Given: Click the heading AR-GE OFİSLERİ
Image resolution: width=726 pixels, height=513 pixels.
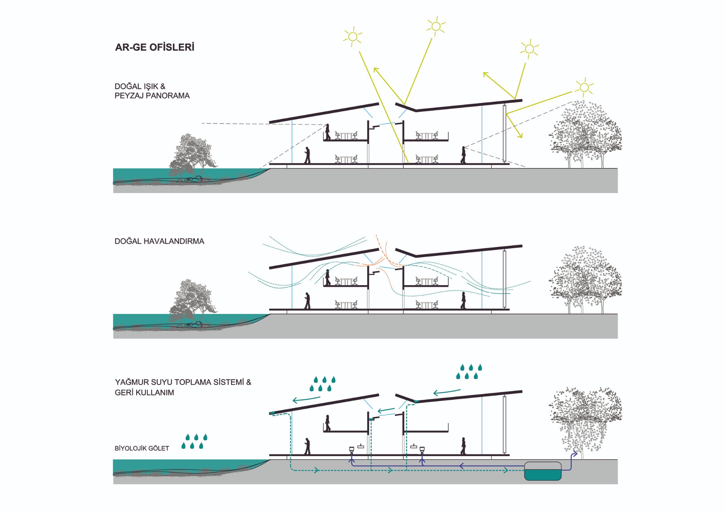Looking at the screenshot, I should (155, 48).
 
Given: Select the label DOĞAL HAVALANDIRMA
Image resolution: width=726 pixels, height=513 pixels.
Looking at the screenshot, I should (159, 242).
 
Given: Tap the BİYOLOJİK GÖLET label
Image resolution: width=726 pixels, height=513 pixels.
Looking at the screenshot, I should (142, 448).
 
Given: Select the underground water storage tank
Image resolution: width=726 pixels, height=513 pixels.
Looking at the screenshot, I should (543, 471).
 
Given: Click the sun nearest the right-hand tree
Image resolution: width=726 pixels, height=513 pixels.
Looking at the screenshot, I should (584, 87).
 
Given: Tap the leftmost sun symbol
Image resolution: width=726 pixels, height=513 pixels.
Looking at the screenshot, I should (352, 37).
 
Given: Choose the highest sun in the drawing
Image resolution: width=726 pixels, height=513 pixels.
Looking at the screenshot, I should (436, 26).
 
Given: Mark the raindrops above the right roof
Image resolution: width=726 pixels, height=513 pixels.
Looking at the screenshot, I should (469, 372).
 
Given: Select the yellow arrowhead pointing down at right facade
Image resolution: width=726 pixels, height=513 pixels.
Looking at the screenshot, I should (521, 136).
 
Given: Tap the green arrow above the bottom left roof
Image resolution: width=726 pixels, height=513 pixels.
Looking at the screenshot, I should (306, 399).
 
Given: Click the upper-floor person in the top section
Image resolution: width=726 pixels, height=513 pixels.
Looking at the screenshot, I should (327, 132).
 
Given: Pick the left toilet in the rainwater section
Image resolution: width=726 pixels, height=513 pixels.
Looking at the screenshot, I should (351, 450).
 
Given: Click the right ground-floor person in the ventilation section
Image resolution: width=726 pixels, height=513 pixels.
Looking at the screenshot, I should (463, 301).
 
